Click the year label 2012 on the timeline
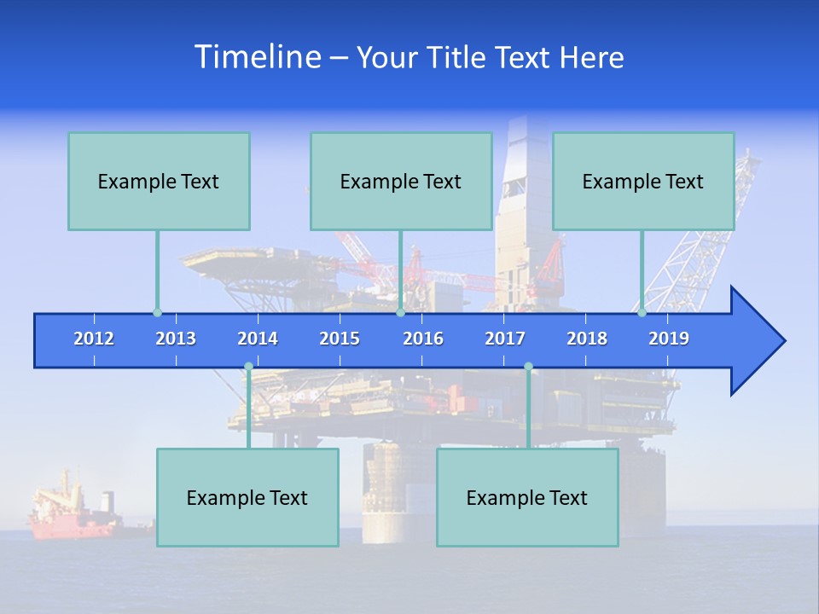pyautogui.click(x=94, y=339)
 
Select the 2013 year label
pyautogui.click(x=176, y=339)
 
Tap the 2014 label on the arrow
pyautogui.click(x=258, y=339)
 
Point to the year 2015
pyautogui.click(x=340, y=339)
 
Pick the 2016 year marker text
pyautogui.click(x=423, y=339)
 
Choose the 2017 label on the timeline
pyautogui.click(x=505, y=339)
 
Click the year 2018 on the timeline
pyautogui.click(x=587, y=339)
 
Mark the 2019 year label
pyautogui.click(x=669, y=339)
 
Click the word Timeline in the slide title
pyautogui.click(x=257, y=57)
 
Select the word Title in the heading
pyautogui.click(x=458, y=58)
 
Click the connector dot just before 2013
pyautogui.click(x=157, y=313)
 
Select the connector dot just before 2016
pyautogui.click(x=400, y=313)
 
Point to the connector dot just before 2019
pyautogui.click(x=642, y=313)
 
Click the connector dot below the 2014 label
pyautogui.click(x=248, y=367)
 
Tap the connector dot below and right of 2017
pyautogui.click(x=528, y=367)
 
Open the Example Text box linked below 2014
pyautogui.click(x=247, y=497)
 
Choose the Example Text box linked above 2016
pyautogui.click(x=401, y=181)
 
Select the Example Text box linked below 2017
pyautogui.click(x=527, y=497)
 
